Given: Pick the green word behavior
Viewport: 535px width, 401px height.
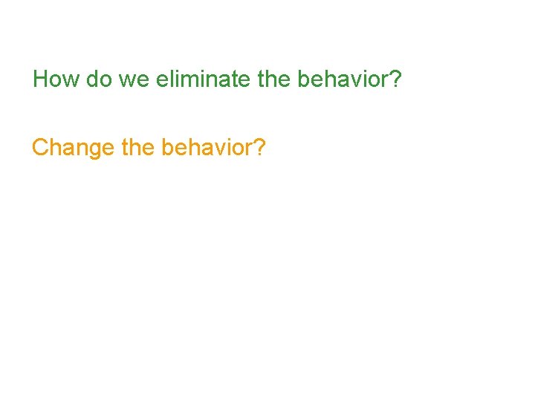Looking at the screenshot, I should pyautogui.click(x=343, y=79).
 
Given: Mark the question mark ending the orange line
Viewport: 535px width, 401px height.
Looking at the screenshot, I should pyautogui.click(x=259, y=148).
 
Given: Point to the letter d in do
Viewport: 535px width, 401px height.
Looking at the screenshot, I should pyautogui.click(x=93, y=79).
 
